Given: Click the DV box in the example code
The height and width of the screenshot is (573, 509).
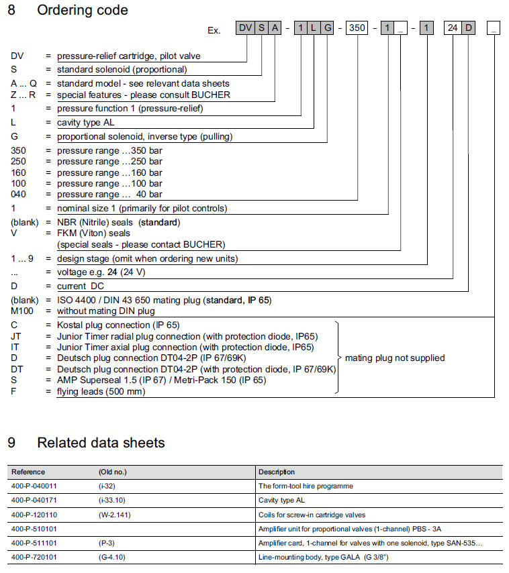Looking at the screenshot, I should (246, 28).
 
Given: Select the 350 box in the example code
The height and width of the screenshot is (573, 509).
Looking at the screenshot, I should (357, 28).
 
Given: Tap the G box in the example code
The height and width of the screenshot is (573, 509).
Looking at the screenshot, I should (327, 28).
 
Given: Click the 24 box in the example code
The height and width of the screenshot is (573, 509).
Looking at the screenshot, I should (453, 28).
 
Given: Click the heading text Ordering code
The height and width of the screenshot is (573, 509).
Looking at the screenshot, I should (83, 10).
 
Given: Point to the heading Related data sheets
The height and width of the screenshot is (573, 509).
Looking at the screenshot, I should (101, 442).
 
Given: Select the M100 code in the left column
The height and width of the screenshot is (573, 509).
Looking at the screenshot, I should (23, 311).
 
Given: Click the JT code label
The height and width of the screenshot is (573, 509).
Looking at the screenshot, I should (16, 336).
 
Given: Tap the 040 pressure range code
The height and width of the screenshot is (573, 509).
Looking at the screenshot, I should (19, 194).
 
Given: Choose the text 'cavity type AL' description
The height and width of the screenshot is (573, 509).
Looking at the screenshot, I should (88, 123).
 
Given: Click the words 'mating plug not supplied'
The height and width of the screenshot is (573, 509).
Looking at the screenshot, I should (395, 358).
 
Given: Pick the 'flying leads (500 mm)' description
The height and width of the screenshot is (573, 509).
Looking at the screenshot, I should (101, 391).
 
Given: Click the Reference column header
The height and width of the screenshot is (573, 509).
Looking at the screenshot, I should (28, 472).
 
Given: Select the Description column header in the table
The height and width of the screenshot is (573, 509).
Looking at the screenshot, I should (277, 472).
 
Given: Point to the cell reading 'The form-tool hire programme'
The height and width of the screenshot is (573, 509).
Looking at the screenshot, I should (306, 486).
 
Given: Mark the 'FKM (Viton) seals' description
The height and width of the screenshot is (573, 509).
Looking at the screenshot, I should (93, 233).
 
